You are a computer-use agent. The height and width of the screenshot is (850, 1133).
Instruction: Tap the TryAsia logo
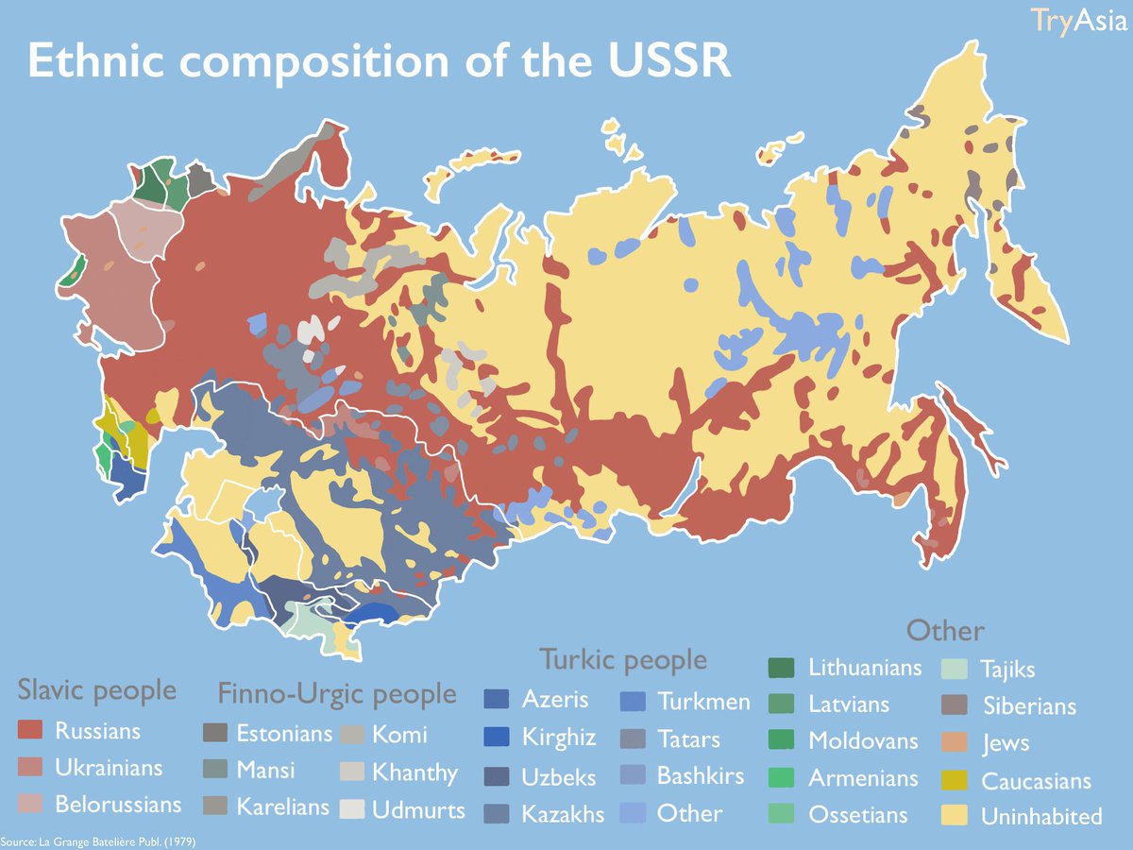[x=1080, y=20]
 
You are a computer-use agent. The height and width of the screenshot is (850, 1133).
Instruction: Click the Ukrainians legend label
[x=108, y=768]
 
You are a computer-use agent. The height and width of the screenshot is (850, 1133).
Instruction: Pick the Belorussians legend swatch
[x=32, y=805]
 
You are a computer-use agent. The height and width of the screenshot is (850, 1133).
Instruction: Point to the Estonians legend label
[x=283, y=734]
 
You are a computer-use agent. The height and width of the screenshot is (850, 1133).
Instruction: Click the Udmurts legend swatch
[x=351, y=809]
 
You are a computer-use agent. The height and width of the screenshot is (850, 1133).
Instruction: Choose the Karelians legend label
[x=282, y=807]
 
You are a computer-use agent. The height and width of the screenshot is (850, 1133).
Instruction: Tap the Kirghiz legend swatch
[x=497, y=738]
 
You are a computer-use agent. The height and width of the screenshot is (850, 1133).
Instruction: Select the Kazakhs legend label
[x=563, y=814]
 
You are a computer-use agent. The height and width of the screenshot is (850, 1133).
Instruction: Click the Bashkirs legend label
[x=701, y=776]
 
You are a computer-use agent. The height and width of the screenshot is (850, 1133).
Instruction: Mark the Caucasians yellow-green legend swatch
[x=954, y=781]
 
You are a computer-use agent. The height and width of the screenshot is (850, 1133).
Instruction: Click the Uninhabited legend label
[x=1041, y=817]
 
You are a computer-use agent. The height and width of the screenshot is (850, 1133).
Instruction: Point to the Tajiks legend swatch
[x=954, y=670]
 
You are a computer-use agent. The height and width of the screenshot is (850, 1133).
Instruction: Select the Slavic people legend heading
[x=97, y=690]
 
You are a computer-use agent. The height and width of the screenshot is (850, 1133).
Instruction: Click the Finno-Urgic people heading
[x=336, y=695]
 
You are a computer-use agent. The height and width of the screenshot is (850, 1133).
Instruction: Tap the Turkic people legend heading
[x=622, y=659]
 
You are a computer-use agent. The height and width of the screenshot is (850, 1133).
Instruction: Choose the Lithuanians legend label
[x=864, y=668]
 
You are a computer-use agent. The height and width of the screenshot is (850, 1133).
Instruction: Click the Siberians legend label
[x=1029, y=705]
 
